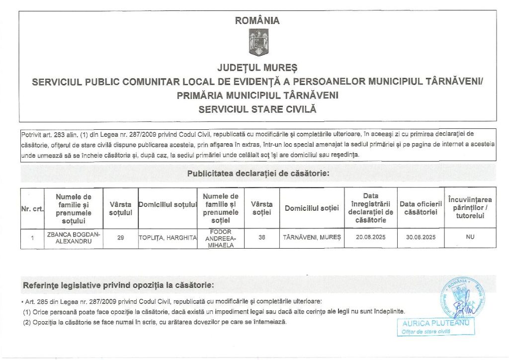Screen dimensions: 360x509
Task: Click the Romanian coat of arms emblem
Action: tap(258, 42)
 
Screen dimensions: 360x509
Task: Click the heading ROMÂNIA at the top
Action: tap(257, 21)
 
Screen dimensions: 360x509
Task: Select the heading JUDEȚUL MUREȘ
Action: tap(257, 67)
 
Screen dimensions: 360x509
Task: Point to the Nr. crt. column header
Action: tap(32, 209)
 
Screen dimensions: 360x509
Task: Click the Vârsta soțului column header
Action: tap(121, 209)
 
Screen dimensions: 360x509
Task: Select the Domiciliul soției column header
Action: tap(312, 208)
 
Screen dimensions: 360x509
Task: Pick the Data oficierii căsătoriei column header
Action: tap(421, 208)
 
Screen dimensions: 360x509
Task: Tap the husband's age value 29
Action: tap(121, 238)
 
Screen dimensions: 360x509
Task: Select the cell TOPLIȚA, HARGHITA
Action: tap(168, 238)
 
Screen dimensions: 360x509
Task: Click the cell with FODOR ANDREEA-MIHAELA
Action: tap(221, 238)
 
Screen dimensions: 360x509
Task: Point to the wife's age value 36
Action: tap(262, 238)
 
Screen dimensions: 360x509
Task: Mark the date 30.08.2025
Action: tap(421, 238)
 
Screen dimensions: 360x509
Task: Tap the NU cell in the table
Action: tap(470, 238)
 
